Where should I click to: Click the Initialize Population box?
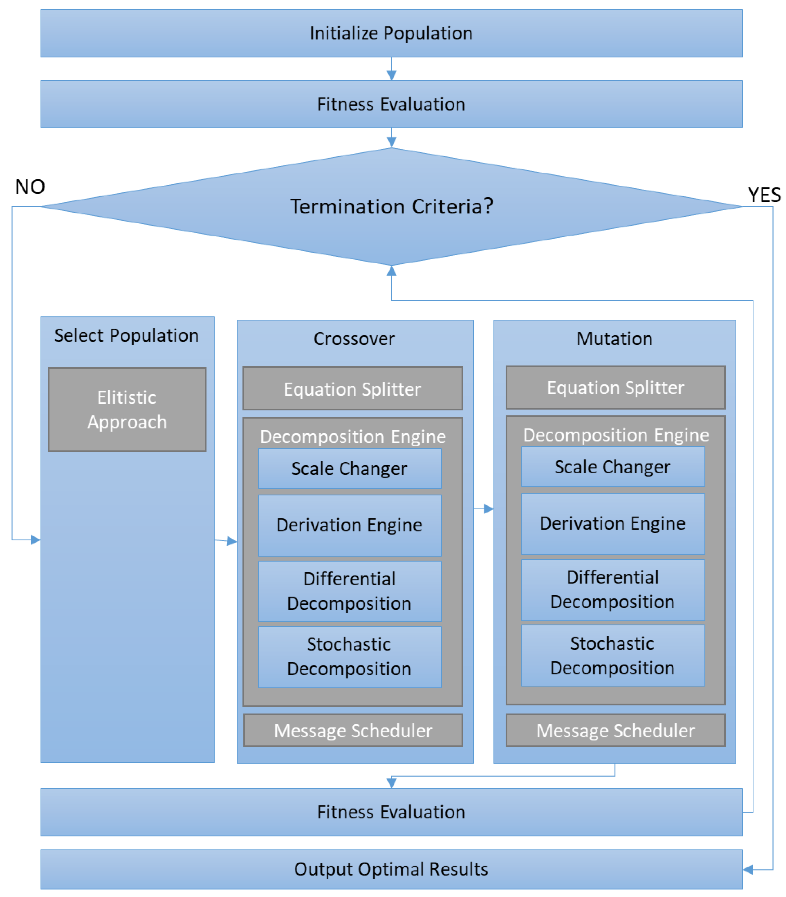[391, 33]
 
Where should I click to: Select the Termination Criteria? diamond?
[391, 206]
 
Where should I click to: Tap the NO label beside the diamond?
[30, 187]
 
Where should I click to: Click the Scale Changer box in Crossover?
[350, 468]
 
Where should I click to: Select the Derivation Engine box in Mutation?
[613, 523]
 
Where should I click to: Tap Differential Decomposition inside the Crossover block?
[350, 591]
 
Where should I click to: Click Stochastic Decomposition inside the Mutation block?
[613, 656]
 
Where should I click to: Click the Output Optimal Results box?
[391, 869]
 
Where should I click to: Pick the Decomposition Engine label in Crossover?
[353, 437]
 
